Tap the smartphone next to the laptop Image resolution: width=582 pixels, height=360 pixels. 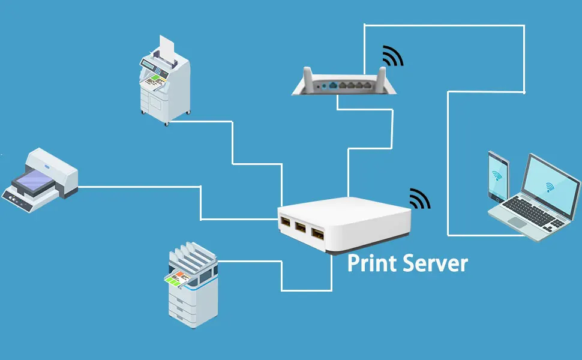[x=498, y=176]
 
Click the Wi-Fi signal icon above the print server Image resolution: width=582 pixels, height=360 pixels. [x=419, y=199]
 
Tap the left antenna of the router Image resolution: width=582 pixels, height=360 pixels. [x=306, y=78]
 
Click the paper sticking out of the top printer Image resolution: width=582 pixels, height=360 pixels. [x=167, y=46]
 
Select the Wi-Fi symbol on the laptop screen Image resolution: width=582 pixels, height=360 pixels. [x=550, y=188]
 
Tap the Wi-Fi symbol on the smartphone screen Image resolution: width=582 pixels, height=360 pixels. [x=497, y=176]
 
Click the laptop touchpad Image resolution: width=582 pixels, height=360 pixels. [x=517, y=222]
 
